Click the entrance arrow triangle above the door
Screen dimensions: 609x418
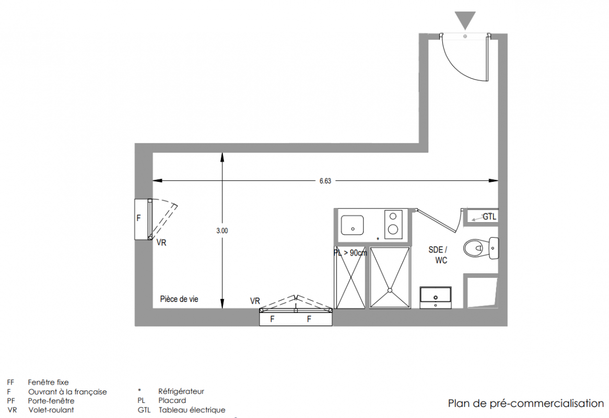point(465,19)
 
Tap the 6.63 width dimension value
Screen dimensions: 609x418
point(325,181)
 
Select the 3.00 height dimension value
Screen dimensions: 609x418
point(222,231)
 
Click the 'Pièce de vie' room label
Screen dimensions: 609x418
point(179,299)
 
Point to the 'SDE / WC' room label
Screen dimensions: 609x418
point(439,255)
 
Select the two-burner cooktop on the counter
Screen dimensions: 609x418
point(393,224)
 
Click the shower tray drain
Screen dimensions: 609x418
point(390,290)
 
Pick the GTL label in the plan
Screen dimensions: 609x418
point(489,217)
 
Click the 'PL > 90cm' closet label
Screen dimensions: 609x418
point(350,253)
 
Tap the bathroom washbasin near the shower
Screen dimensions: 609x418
point(436,296)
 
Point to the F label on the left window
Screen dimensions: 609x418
point(138,218)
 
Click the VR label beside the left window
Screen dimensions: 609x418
point(161,243)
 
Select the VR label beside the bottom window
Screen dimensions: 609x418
point(255,301)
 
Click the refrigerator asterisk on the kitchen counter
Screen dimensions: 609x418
point(378,239)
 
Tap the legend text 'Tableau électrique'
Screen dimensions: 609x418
point(192,410)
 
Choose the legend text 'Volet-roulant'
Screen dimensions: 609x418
point(51,410)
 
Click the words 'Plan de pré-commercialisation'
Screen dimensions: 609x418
point(526,403)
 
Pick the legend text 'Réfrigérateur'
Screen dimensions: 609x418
point(181,391)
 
